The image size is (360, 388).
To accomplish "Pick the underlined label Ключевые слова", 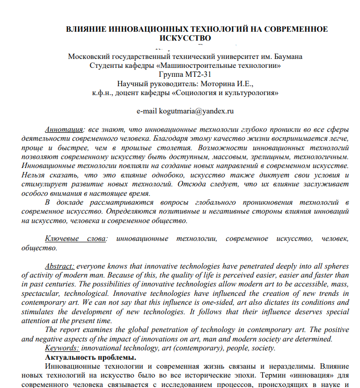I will click(76, 239).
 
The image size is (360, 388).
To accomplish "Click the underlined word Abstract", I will click(60, 266).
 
